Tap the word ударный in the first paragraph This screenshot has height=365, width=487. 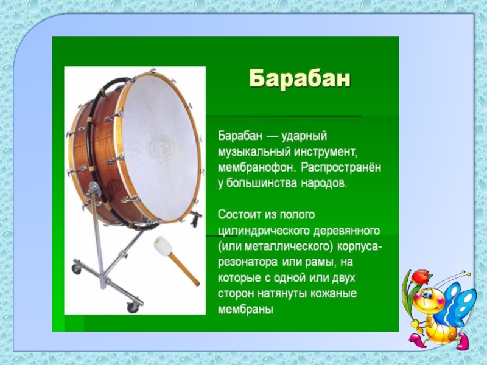[304, 136]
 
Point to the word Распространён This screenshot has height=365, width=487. [341, 168]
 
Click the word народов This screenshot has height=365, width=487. [324, 184]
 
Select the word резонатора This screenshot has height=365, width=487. [248, 263]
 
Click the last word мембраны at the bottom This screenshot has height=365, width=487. [245, 310]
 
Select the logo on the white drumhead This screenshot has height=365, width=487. [160, 148]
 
